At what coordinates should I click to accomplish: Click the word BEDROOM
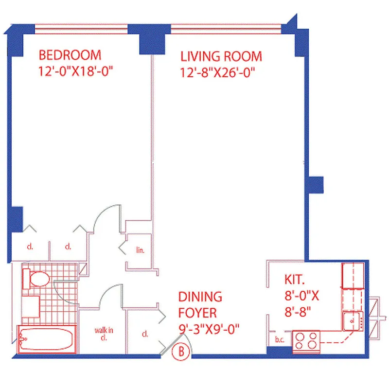[70, 54]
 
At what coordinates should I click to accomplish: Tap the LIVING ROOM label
[221, 56]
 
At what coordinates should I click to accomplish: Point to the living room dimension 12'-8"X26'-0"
[218, 73]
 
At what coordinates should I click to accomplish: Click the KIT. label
[295, 280]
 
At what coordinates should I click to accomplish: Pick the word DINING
[200, 297]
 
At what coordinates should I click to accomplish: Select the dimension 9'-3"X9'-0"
[209, 330]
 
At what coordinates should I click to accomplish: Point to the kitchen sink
[353, 320]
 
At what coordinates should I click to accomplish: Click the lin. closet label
[141, 251]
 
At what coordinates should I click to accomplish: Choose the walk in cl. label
[104, 334]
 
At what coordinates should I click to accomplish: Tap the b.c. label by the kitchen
[279, 339]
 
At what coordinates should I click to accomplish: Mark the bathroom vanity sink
[31, 306]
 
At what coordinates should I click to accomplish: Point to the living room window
[226, 27]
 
